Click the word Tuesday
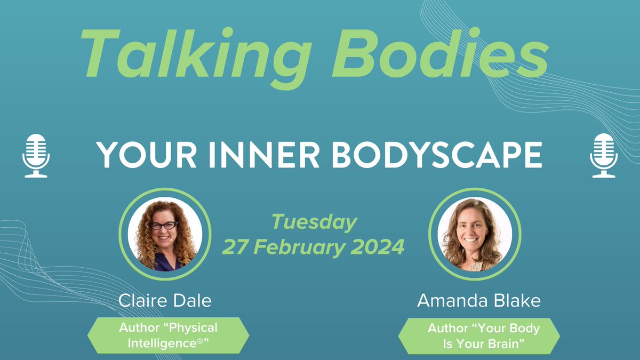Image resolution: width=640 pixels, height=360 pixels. tap(314, 222)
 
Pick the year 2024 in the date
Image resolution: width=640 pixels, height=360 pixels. tap(378, 247)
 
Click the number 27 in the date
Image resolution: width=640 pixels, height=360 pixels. tap(235, 247)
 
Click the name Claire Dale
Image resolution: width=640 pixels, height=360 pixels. tap(165, 301)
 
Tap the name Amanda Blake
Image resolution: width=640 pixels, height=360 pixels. tap(478, 301)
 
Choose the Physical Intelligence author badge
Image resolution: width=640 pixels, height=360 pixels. tap(169, 335)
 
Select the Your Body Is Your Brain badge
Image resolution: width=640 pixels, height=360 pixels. tap(479, 336)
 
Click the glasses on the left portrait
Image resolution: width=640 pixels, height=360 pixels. tap(163, 226)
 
